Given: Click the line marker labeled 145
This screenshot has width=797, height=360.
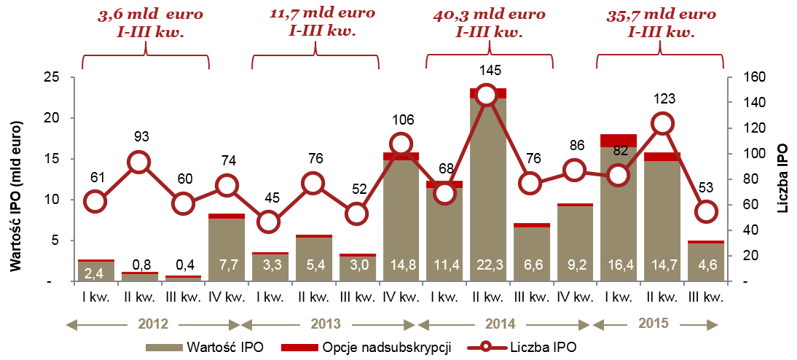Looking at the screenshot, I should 487,95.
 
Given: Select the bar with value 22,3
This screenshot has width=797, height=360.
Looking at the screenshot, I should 487,189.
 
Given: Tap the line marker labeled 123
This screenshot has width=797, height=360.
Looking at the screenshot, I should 661,123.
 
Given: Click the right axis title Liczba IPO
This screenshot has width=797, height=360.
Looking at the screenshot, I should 782,179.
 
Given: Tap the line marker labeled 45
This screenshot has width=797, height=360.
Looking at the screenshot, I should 270,222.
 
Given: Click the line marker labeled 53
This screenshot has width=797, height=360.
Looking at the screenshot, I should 705,212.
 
